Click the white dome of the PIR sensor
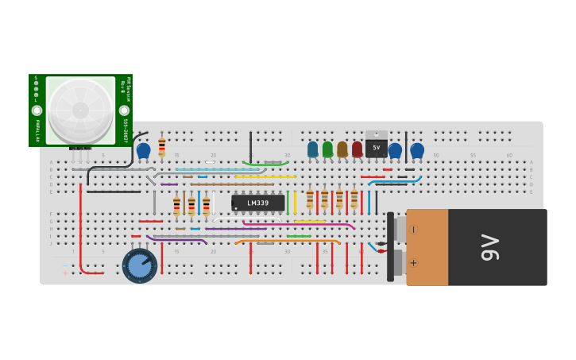tap(80, 110)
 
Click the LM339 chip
tap(258, 203)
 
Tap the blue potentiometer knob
tap(140, 265)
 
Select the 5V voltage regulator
tap(376, 148)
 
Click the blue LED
tap(312, 149)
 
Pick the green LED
tap(327, 149)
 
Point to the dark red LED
tap(357, 149)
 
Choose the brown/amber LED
tap(342, 149)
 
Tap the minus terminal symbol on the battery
tap(414, 229)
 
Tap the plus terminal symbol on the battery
tap(414, 262)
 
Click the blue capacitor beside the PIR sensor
tap(144, 149)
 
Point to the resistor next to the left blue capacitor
tap(162, 147)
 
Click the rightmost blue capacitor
tap(417, 149)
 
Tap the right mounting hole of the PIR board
tap(124, 110)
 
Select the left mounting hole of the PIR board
tap(37, 110)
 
